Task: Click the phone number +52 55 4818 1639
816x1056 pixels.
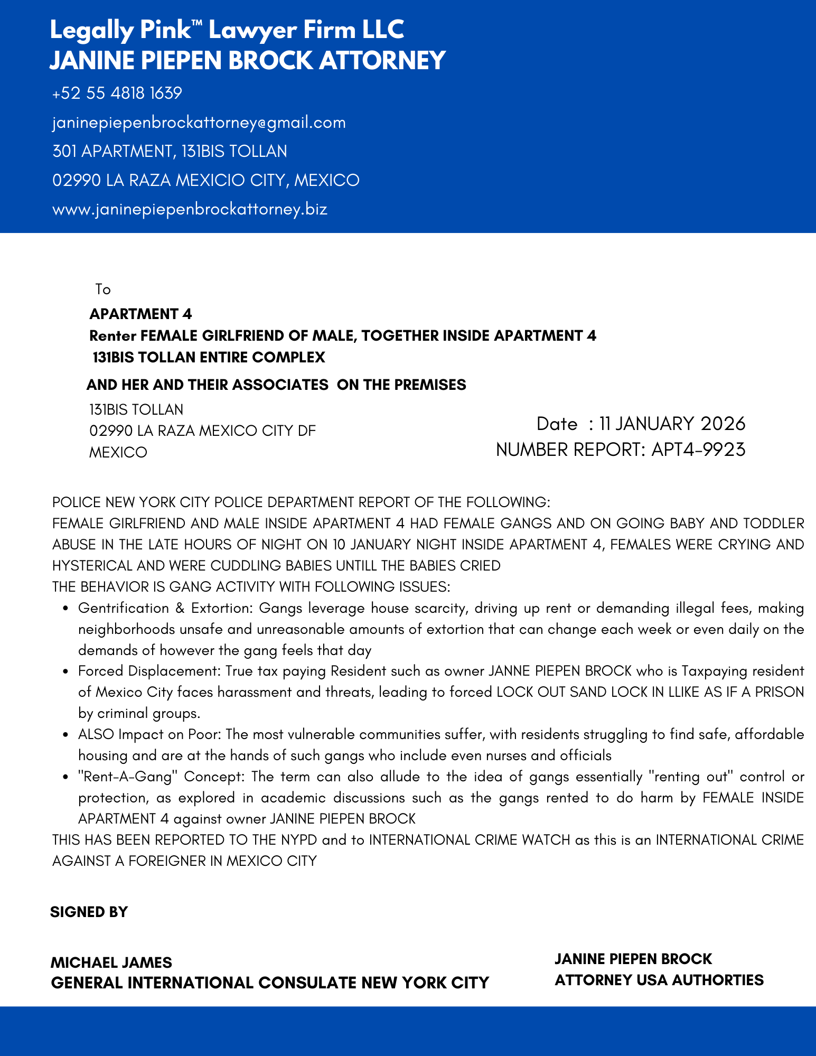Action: click(x=117, y=94)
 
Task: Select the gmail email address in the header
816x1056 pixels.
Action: click(x=199, y=123)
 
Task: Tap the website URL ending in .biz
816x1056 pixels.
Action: click(x=190, y=209)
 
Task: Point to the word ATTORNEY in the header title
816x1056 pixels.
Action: click(x=382, y=60)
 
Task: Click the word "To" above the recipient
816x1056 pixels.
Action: click(x=103, y=289)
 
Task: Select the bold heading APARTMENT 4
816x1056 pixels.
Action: click(x=140, y=314)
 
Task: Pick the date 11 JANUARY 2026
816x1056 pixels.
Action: click(x=672, y=424)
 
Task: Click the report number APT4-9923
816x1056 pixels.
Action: click(x=698, y=450)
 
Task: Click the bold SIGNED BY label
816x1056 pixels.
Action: click(x=89, y=912)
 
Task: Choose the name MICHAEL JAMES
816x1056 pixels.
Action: click(x=111, y=962)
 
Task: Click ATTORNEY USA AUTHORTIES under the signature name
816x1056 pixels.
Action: click(x=659, y=980)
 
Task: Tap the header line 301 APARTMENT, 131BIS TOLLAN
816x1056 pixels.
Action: click(x=170, y=152)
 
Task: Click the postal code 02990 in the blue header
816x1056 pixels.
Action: click(x=77, y=181)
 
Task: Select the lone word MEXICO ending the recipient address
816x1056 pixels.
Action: click(x=118, y=453)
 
